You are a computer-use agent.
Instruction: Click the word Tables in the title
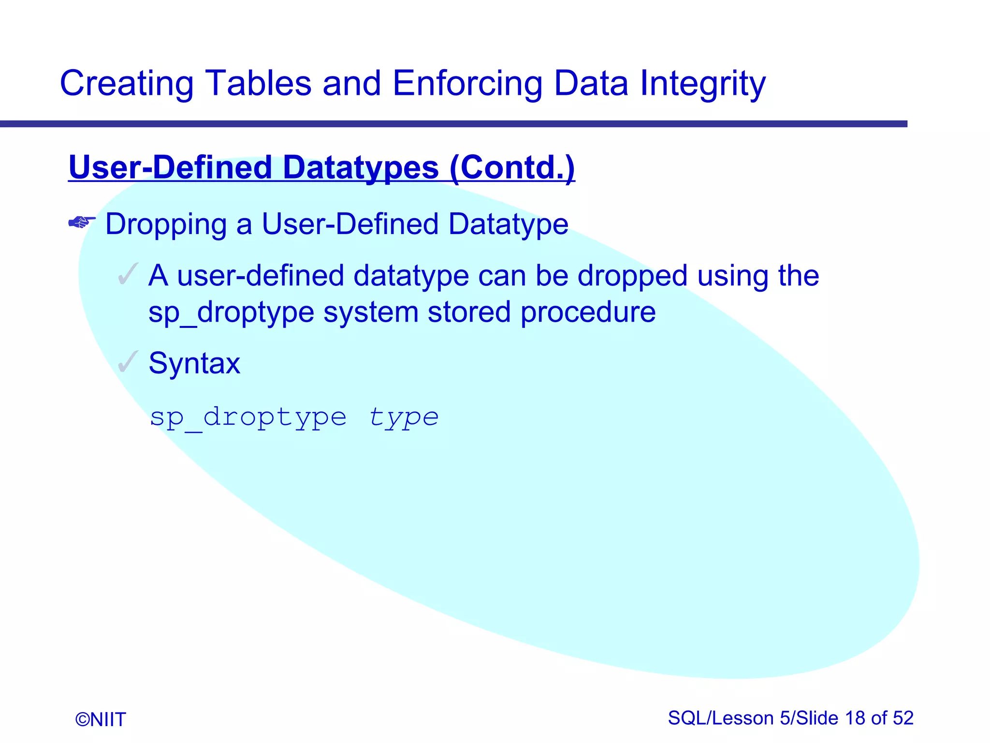click(x=258, y=83)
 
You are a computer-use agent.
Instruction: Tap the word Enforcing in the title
click(x=467, y=83)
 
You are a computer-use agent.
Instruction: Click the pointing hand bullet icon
click(x=82, y=223)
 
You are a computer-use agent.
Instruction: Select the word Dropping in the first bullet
click(x=166, y=224)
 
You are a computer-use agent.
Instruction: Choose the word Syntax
click(x=194, y=363)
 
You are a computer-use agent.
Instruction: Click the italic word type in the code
click(x=404, y=417)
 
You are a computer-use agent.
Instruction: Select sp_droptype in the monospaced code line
click(x=248, y=417)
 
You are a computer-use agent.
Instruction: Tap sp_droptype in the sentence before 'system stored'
click(x=231, y=312)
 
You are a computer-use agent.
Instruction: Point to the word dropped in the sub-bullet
click(x=632, y=276)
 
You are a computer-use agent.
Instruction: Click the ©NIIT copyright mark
click(x=101, y=719)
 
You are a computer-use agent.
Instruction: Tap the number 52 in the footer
click(x=903, y=718)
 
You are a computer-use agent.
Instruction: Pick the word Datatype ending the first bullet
click(x=508, y=224)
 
